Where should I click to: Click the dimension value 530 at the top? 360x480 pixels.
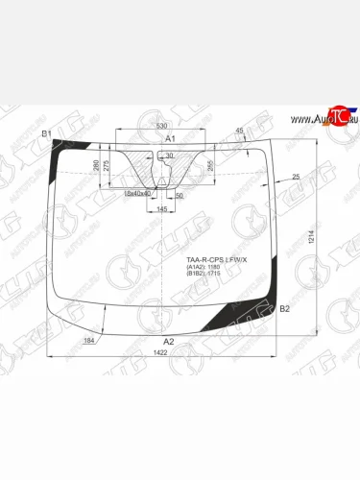[161, 125]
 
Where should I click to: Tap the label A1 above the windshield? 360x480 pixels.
[170, 140]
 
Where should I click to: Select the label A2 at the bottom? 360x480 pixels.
[169, 342]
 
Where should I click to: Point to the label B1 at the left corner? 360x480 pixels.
[46, 133]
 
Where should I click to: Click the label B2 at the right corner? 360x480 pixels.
[284, 308]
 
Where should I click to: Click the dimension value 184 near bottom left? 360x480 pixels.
[90, 342]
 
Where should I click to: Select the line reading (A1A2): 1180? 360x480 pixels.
[204, 268]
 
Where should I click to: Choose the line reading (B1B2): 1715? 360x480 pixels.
[204, 276]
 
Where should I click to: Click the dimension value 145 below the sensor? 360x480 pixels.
[162, 208]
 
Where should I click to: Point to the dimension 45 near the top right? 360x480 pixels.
[239, 131]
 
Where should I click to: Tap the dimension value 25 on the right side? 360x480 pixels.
[296, 177]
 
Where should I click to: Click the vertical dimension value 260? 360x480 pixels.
[122, 164]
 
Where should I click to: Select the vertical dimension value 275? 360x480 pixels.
[133, 166]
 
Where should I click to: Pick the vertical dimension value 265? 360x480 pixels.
[209, 164]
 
